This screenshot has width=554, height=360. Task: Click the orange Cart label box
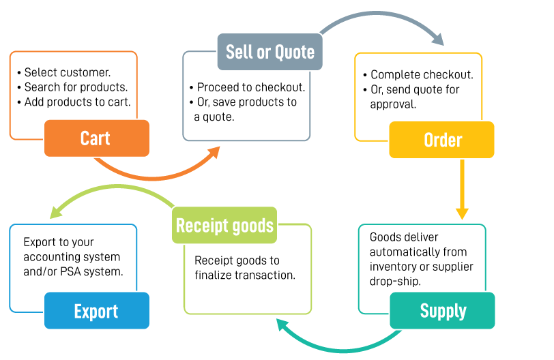pyautogui.click(x=96, y=138)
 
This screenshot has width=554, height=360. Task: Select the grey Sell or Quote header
pyautogui.click(x=269, y=52)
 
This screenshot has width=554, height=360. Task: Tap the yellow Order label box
pyautogui.click(x=442, y=140)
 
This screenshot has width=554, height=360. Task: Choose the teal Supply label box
pyautogui.click(x=442, y=311)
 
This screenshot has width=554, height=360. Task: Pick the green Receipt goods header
pyautogui.click(x=224, y=226)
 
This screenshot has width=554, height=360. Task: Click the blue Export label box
pyautogui.click(x=96, y=312)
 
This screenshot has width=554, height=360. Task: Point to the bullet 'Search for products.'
pyautogui.click(x=75, y=87)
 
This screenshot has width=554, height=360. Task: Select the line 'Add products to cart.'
pyautogui.click(x=76, y=102)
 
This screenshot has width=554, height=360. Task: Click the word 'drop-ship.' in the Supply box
pyautogui.click(x=395, y=280)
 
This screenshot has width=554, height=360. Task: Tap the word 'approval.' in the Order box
pyautogui.click(x=394, y=104)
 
